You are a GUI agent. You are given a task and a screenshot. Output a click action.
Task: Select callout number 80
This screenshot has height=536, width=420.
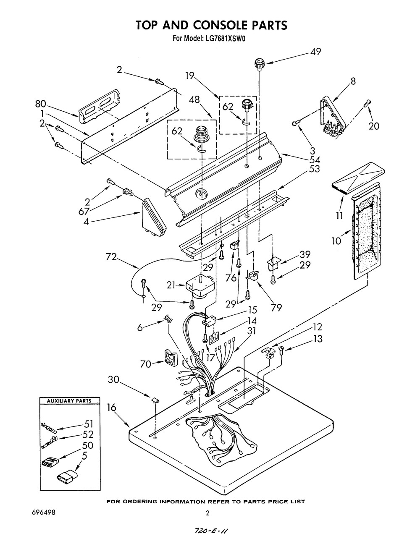[40, 104]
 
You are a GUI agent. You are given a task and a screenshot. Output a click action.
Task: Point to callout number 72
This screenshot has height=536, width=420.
[111, 257]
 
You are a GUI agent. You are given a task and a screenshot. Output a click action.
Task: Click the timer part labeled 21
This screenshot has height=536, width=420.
[200, 286]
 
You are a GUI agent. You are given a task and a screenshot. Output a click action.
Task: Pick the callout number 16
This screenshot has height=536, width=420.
[112, 408]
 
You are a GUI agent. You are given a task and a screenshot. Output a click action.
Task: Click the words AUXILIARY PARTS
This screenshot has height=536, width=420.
[69, 401]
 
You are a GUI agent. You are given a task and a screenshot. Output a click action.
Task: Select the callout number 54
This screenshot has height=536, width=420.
[315, 160]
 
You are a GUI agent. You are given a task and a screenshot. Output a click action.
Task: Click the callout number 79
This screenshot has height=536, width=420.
[276, 307]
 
